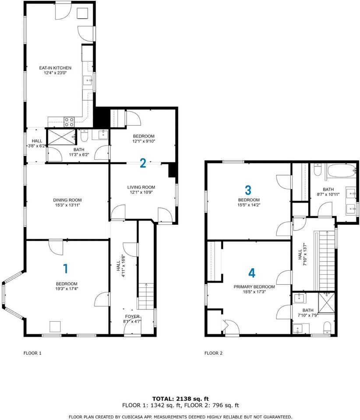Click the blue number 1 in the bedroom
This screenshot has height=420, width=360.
tap(65, 269)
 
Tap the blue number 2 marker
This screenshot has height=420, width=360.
tap(143, 163)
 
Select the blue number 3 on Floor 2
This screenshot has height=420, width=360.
tap(248, 190)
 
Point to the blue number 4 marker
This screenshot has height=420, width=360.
tap(252, 273)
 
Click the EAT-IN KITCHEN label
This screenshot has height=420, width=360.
tap(55, 68)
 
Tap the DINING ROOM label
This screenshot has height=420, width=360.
tap(67, 200)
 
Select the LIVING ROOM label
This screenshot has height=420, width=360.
tap(141, 187)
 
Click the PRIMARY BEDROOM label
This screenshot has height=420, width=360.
tap(254, 287)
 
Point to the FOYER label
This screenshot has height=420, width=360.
tap(132, 317)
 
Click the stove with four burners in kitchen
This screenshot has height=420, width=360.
tap(69, 122)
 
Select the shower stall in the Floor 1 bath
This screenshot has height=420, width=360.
tap(61, 137)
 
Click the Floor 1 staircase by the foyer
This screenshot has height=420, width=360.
tap(146, 296)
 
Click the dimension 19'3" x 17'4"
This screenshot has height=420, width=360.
tap(67, 289)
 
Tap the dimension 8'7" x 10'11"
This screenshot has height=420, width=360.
tap(328, 194)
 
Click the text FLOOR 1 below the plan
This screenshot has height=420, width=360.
tap(32, 353)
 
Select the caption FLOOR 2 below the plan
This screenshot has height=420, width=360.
tap(213, 353)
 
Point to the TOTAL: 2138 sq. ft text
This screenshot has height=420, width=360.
tap(180, 399)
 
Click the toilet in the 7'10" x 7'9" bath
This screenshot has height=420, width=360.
tap(327, 328)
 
